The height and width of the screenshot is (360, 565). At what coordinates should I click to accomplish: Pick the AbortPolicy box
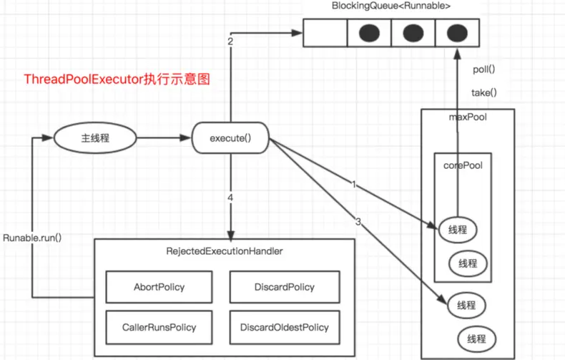click(x=159, y=287)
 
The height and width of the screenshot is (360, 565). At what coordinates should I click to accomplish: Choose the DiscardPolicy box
click(x=283, y=287)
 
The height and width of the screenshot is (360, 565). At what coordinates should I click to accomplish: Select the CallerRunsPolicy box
click(x=159, y=327)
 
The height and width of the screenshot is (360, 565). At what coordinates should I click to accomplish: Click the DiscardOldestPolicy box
click(x=283, y=327)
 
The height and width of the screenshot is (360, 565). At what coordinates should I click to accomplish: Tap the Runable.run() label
click(x=32, y=237)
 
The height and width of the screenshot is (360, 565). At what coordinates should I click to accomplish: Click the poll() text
click(x=484, y=69)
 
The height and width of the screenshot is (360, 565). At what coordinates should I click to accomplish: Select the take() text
click(x=484, y=92)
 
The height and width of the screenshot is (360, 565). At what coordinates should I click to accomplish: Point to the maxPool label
click(x=468, y=117)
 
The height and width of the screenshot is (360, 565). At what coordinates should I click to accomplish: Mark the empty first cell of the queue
click(x=325, y=33)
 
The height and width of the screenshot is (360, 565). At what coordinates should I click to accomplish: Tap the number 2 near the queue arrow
click(x=230, y=42)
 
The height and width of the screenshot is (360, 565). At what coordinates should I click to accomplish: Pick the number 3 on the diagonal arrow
click(x=358, y=223)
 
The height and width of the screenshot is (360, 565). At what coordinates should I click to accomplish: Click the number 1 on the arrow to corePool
click(x=353, y=185)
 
